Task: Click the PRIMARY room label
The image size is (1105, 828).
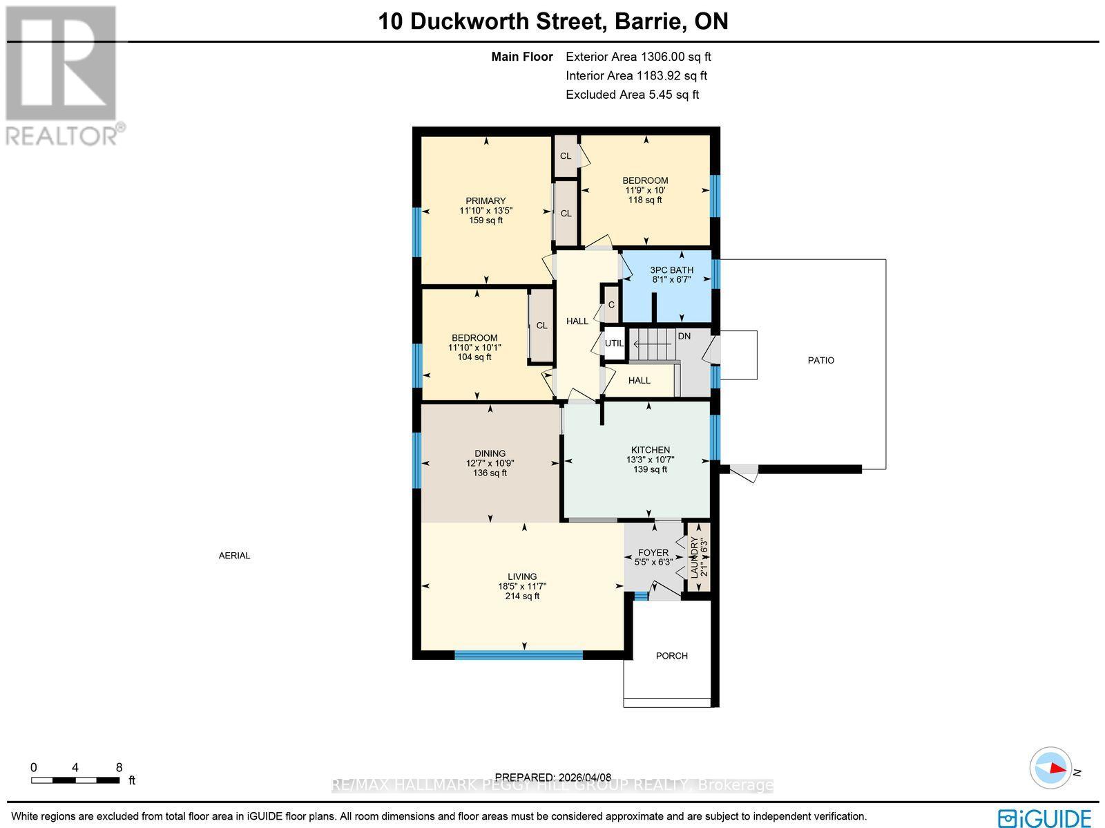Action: coord(486,201)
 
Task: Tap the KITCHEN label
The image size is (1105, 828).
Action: coord(650,450)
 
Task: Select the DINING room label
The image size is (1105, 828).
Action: coord(490,454)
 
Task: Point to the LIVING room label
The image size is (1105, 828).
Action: coord(522,576)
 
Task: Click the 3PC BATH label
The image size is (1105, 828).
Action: coord(672,270)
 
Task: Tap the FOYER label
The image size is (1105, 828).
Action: coord(653,552)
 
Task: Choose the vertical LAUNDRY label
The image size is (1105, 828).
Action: coord(695,556)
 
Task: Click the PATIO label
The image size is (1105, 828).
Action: coord(821,360)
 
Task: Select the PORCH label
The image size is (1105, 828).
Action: coord(672,656)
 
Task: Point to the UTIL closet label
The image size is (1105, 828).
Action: coord(614,344)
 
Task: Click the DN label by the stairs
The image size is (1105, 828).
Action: coord(684,337)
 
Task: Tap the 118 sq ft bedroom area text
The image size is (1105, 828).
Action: coord(645,200)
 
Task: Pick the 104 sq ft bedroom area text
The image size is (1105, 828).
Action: coord(474,357)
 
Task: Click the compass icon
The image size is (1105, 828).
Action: coord(1050,768)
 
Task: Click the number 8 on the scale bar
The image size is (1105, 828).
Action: coord(119,767)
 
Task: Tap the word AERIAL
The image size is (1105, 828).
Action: coord(234,556)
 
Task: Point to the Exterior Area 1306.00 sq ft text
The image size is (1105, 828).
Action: coord(638,57)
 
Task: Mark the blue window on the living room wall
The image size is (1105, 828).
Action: coord(519,655)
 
